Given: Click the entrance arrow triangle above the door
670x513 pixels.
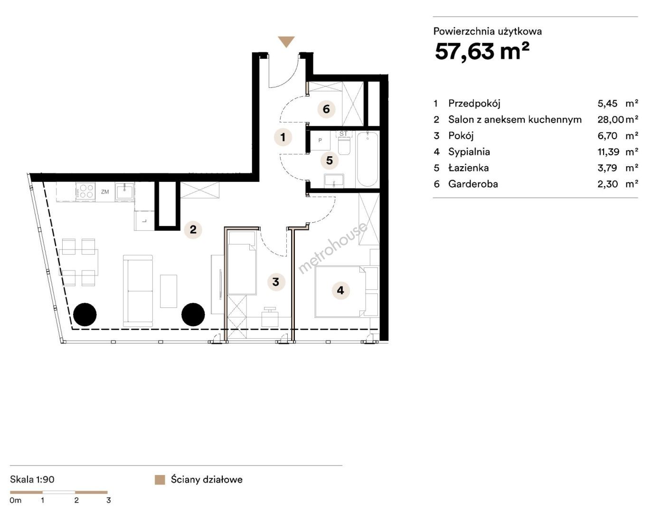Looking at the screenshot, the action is [286, 41].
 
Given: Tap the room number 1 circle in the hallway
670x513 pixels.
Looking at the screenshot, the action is [283, 137].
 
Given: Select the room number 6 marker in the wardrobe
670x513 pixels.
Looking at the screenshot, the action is [326, 109].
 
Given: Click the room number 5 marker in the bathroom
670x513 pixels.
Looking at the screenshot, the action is [330, 161].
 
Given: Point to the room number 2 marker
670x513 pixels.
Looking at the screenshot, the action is [193, 229].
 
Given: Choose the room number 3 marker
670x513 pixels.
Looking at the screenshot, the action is [276, 282].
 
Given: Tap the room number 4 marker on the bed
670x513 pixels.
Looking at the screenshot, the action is [340, 290].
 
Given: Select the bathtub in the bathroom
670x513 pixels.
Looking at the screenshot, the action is [368, 160].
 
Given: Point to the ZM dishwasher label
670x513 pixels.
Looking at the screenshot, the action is [105, 192].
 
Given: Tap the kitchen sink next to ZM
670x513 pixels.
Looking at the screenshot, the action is [124, 192].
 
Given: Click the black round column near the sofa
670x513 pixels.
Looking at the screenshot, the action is [193, 314].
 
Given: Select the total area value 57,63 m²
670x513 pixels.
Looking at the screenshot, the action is [481, 51].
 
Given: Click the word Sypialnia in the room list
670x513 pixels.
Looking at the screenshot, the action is [469, 152].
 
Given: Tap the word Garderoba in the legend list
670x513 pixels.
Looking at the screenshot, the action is [473, 184].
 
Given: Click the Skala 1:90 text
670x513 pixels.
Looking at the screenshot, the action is [32, 479].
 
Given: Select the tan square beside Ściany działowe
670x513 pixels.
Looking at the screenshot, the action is [160, 480].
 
